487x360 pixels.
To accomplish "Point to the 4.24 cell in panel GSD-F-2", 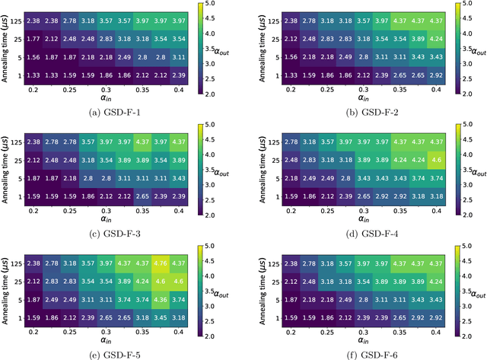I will click(x=435, y=37).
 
